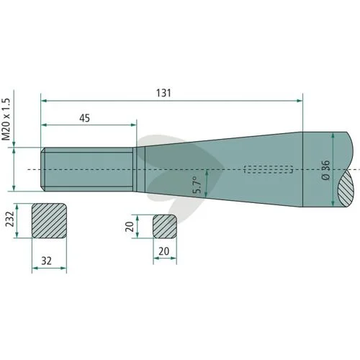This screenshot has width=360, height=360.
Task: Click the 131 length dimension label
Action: coord(163,93)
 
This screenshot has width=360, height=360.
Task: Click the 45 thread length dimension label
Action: coord(85,118)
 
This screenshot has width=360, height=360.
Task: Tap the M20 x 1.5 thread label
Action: coord(6,119)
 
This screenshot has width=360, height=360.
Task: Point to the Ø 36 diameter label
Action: coord(325,170)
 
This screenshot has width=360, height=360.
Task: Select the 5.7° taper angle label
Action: coord(198,185)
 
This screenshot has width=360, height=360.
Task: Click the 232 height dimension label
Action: coord(10,219)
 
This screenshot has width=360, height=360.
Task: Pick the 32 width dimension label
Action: coord(46,261)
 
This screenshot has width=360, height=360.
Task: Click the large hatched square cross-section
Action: coord(49,221)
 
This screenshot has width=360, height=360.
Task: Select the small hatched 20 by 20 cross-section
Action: coord(165,227)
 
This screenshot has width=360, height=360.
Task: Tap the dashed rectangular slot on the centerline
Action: coord(269,169)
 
